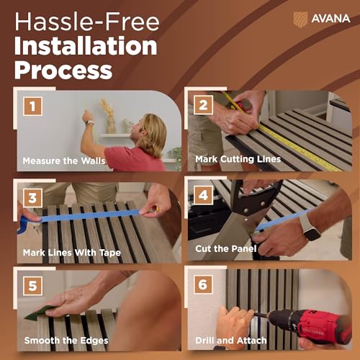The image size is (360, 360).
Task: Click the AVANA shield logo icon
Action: pyautogui.click(x=300, y=19)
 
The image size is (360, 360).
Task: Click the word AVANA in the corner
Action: pyautogui.click(x=330, y=19)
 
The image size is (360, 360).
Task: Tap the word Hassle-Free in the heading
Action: pyautogui.click(x=87, y=22)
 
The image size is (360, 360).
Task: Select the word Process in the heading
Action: pyautogui.click(x=63, y=70)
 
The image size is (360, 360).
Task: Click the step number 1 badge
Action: pyautogui.click(x=33, y=106)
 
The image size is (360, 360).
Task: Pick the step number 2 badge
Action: pyautogui.click(x=203, y=105)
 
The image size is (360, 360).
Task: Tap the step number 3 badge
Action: pyautogui.click(x=33, y=198)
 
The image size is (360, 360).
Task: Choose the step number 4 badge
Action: pyautogui.click(x=203, y=195)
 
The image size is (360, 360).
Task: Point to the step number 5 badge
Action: pyautogui.click(x=33, y=286)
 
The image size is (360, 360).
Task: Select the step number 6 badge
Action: pyautogui.click(x=203, y=284)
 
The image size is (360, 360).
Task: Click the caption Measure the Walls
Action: pyautogui.click(x=64, y=161)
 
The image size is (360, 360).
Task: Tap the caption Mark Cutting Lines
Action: pyautogui.click(x=238, y=159)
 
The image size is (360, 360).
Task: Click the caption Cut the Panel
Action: pyautogui.click(x=226, y=248)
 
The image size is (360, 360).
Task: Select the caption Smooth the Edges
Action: pyautogui.click(x=66, y=341)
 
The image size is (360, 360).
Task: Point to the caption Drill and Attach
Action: pyautogui.click(x=231, y=341)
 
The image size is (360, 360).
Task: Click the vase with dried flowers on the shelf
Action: pyautogui.click(x=109, y=117)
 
